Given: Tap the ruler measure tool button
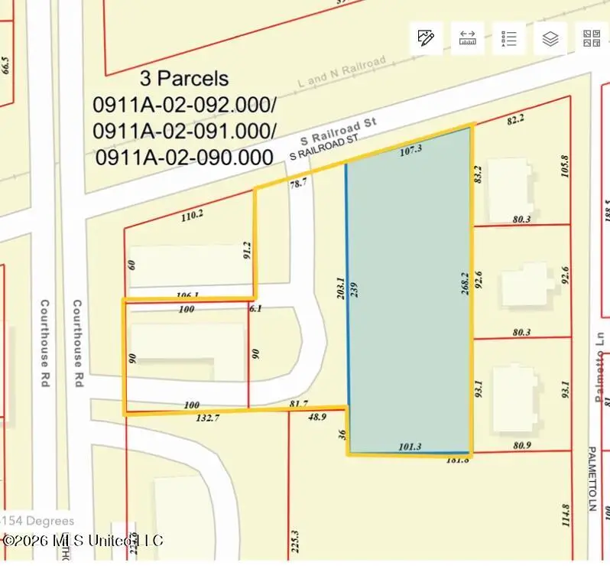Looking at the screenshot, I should click(467, 39).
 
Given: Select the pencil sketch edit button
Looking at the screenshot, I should click(426, 39).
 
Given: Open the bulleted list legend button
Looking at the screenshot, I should click(508, 39).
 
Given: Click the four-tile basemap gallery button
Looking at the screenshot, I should click(592, 39).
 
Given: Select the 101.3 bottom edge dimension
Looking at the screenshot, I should click(410, 447).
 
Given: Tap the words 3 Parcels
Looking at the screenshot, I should click(184, 78).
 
